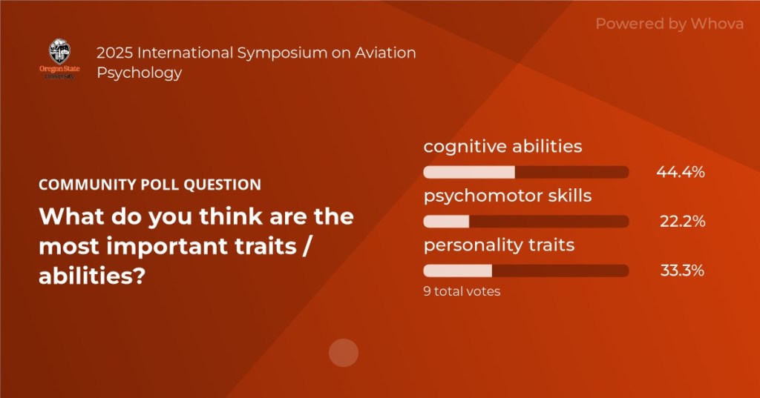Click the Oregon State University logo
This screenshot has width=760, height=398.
click(x=59, y=59)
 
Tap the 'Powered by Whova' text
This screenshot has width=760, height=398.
click(x=669, y=24)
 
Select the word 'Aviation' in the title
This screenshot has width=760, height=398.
click(x=385, y=53)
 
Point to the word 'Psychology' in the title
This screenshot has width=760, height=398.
click(x=140, y=73)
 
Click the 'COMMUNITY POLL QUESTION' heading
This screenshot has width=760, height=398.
click(x=150, y=185)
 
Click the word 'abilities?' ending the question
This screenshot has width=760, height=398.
click(x=92, y=276)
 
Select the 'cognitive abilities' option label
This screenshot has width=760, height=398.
click(x=502, y=147)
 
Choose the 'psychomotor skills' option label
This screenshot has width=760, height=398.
click(x=508, y=196)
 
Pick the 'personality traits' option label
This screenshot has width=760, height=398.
click(x=499, y=245)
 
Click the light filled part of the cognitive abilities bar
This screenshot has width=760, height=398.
click(x=469, y=173)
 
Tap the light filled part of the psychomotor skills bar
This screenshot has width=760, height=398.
click(x=446, y=222)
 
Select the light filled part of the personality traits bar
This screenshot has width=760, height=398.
click(x=457, y=271)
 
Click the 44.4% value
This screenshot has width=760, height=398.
click(x=681, y=172)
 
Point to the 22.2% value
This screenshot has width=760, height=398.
click(x=683, y=222)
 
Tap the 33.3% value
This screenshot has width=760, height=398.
click(x=683, y=271)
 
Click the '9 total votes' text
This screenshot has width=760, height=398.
click(x=462, y=291)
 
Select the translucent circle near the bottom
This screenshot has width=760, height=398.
click(x=343, y=353)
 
